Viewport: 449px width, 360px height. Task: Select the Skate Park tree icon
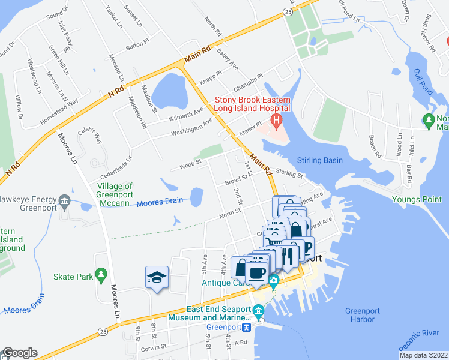click(101, 275)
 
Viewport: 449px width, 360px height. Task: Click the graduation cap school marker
click(157, 278)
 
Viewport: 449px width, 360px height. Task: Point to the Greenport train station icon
click(246, 327)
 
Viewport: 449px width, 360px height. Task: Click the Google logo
click(19, 353)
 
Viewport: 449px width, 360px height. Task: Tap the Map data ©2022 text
click(423, 355)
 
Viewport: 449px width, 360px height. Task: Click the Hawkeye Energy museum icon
click(65, 200)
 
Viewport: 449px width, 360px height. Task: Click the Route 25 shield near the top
click(289, 11)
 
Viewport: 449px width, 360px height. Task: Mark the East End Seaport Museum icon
click(258, 310)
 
